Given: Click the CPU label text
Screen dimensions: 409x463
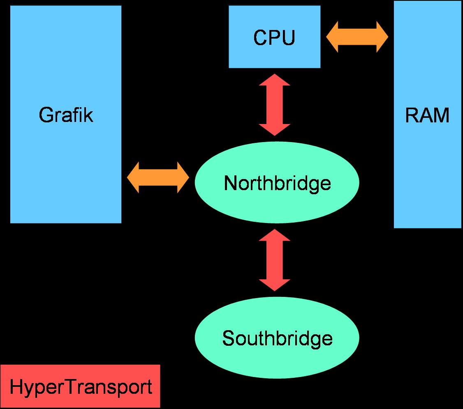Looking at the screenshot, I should [x=274, y=38].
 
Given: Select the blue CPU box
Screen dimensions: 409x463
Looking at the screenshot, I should [x=247, y=57].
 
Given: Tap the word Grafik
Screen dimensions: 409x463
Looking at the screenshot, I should [x=66, y=115].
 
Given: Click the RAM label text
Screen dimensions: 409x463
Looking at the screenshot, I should [x=427, y=116].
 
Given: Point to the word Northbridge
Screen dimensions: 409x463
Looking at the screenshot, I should [x=277, y=183].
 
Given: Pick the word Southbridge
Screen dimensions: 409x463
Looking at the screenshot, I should [x=277, y=339].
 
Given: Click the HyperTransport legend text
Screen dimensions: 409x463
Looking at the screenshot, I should [x=81, y=387].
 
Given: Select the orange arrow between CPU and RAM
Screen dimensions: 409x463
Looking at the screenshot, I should [x=357, y=37].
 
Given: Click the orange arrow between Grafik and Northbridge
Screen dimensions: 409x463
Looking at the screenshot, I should [x=158, y=177].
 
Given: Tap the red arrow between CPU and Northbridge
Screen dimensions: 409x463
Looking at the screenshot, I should [x=275, y=105].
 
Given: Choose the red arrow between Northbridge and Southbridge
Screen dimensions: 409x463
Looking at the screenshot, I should [x=275, y=260].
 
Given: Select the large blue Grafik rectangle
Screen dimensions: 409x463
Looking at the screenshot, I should [x=66, y=172].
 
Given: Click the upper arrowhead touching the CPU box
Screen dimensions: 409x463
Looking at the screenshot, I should [x=275, y=80].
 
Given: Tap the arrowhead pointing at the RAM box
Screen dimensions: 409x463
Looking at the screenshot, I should [x=382, y=37].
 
